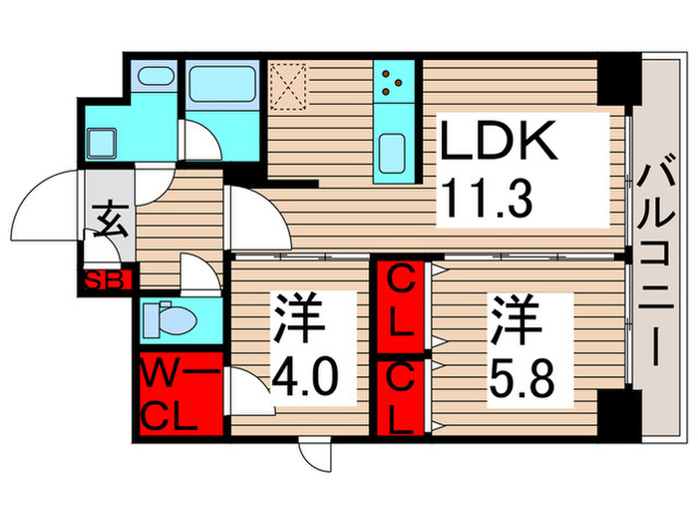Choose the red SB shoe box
[x=107, y=280]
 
